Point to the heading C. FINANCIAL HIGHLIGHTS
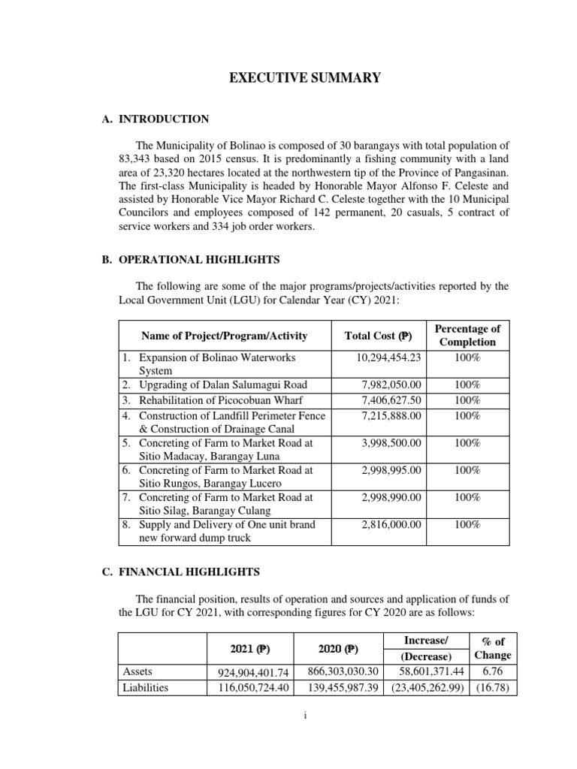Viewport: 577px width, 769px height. [182, 572]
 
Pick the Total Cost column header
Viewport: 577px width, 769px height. [378, 336]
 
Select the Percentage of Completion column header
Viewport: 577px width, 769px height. [467, 335]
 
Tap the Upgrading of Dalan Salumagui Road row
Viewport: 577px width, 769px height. [208, 384]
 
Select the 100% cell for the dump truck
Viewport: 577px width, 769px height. [467, 524]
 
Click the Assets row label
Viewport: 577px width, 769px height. [139, 672]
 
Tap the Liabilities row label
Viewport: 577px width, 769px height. [146, 687]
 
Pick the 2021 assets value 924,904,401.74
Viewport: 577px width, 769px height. [247, 672]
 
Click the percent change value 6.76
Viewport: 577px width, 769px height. [493, 672]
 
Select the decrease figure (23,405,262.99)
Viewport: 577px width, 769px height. [424, 687]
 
